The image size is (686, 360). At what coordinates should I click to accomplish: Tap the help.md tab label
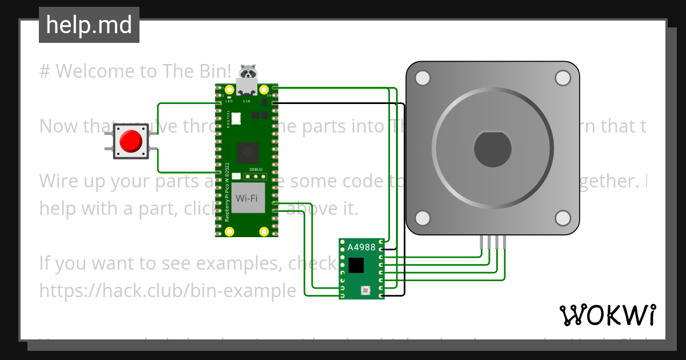pos(89,25)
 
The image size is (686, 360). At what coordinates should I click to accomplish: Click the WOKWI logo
pos(608,315)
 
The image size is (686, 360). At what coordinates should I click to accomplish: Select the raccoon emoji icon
pos(248,71)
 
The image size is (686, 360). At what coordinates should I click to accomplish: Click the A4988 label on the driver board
pos(361,247)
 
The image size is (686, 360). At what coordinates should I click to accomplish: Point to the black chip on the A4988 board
pos(356,265)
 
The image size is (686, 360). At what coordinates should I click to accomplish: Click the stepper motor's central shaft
pos(493,149)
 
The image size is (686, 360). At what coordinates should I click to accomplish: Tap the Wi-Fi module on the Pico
pos(247,198)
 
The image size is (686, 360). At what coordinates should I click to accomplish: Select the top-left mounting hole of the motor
pos(422,78)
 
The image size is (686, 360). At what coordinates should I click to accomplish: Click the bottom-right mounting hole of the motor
pos(563,218)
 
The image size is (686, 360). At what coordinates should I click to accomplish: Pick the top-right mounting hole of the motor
pos(563,78)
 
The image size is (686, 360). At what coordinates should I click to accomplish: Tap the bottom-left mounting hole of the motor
pos(422,218)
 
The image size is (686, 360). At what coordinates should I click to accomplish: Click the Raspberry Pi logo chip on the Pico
pos(247,151)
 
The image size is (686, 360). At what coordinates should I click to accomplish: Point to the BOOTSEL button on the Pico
pos(237,119)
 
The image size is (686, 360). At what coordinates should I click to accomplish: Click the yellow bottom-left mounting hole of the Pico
pos(230,231)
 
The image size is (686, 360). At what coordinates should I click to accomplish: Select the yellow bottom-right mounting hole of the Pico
pos(264,231)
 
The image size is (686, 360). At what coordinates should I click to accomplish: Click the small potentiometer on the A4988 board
pos(365,291)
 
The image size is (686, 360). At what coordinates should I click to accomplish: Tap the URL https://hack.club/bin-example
pos(167,290)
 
